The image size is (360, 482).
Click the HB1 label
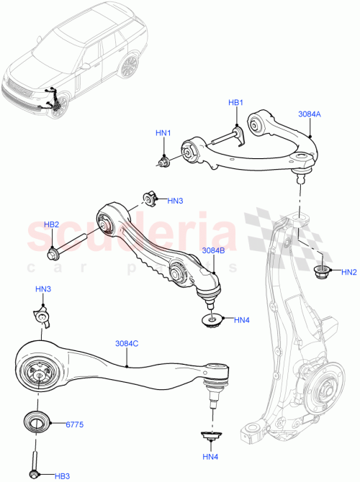(x=237, y=103)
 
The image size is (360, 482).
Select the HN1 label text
(x=163, y=133)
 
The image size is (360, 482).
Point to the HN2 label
(x=349, y=273)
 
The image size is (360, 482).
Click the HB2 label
(x=51, y=224)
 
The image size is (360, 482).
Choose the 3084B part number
(x=214, y=250)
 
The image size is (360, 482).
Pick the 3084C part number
(x=127, y=344)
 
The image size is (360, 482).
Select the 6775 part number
(x=76, y=424)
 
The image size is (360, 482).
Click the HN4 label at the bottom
(x=210, y=457)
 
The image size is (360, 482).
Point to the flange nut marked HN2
(x=322, y=272)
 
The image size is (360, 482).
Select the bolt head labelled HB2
(x=54, y=253)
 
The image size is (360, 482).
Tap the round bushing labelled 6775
(x=35, y=422)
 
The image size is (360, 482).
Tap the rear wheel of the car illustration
(x=130, y=66)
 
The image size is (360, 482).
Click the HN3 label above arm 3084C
(x=43, y=288)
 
